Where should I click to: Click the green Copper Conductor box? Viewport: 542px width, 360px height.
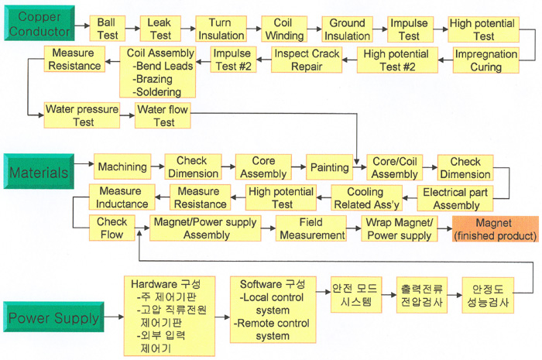[39, 24]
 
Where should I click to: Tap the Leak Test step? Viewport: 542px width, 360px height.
[159, 29]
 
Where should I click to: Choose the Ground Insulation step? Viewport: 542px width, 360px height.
[347, 29]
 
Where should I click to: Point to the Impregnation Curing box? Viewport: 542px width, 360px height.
[485, 60]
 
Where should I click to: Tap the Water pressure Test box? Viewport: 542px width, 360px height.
[82, 116]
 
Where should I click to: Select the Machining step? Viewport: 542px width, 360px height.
[122, 166]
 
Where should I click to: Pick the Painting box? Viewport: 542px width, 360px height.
[329, 166]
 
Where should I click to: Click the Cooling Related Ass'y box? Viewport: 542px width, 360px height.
[364, 198]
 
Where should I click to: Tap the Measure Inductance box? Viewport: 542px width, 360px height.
[122, 198]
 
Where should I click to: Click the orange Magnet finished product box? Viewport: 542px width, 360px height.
[495, 229]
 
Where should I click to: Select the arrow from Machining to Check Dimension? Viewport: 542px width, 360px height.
[156, 166]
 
